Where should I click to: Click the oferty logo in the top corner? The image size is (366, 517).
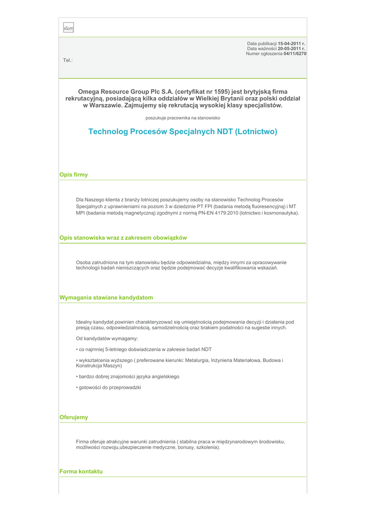click(x=68, y=29)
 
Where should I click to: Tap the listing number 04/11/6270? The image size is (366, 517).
click(x=295, y=54)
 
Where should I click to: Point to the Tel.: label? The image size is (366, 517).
click(x=68, y=61)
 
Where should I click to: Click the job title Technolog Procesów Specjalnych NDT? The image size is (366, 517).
click(x=183, y=132)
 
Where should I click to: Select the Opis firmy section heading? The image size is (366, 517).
click(x=74, y=175)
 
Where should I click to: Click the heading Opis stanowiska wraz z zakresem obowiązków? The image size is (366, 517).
click(x=123, y=238)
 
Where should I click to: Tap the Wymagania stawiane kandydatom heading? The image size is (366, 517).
click(x=106, y=298)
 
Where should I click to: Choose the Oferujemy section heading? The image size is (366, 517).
click(x=74, y=418)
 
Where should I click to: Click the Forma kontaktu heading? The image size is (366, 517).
click(x=81, y=472)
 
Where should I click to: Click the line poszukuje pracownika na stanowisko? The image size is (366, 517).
click(x=183, y=118)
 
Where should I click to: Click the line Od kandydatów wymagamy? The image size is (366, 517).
click(x=107, y=338)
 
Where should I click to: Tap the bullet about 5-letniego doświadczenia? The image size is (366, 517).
click(x=144, y=349)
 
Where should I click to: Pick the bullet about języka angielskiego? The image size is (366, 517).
click(x=128, y=377)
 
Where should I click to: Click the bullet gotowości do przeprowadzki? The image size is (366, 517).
click(x=109, y=387)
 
